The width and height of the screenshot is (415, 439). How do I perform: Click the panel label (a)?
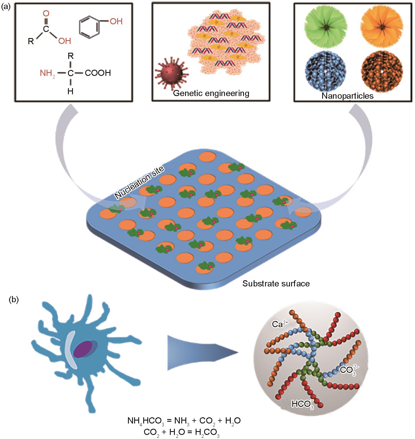[x=6, y=6]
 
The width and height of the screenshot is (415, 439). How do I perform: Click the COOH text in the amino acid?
[x=98, y=73]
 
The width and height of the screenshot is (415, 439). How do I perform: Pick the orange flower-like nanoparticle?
[x=382, y=27]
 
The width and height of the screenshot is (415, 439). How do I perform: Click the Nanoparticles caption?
[x=347, y=96]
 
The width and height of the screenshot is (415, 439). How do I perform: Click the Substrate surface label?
[x=276, y=283]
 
